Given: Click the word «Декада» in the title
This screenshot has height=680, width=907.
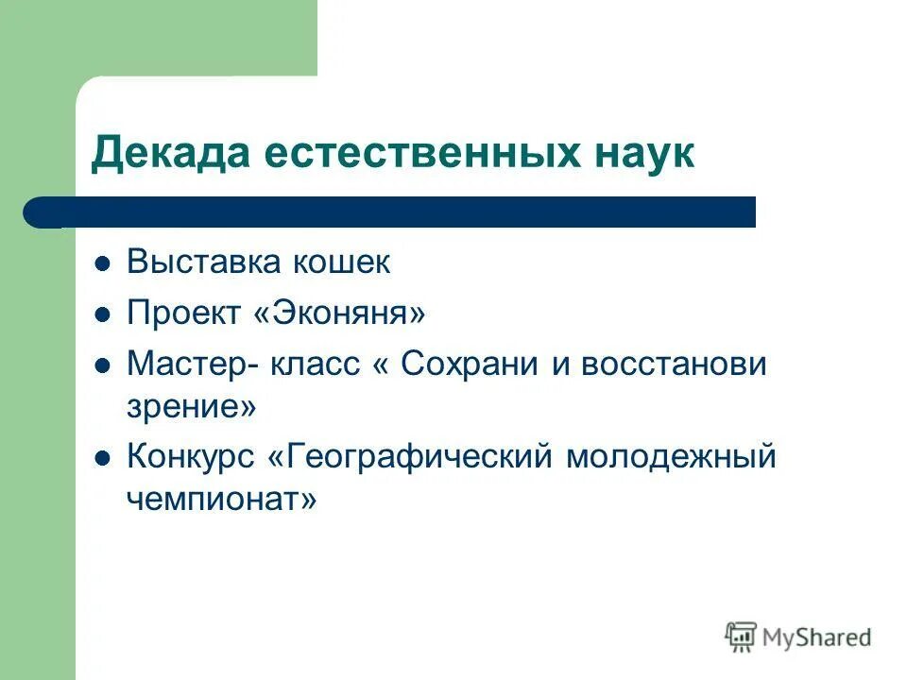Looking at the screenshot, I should (x=158, y=152).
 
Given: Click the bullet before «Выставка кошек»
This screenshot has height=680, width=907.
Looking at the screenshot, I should (x=104, y=263).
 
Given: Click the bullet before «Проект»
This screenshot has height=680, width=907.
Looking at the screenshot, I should (x=104, y=314).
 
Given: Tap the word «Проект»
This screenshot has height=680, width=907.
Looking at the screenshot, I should (x=183, y=313).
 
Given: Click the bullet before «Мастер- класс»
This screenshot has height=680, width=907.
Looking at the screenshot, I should (x=104, y=365).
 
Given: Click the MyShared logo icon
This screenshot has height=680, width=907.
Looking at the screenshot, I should (x=742, y=637).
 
